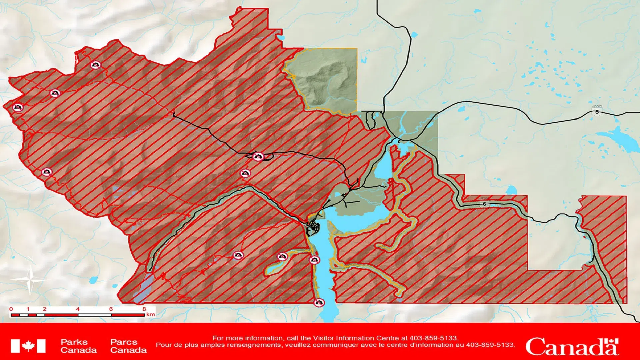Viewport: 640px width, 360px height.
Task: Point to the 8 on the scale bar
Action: pyautogui.click(x=144, y=309)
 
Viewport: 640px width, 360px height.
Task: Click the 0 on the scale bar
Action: pyautogui.click(x=11, y=309)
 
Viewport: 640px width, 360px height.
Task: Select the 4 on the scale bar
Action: pyautogui.click(x=78, y=309)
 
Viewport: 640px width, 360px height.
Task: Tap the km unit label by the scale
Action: pyautogui.click(x=151, y=314)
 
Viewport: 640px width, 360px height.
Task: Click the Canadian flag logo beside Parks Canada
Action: pyautogui.click(x=28, y=346)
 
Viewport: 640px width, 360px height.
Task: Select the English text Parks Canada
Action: pyautogui.click(x=78, y=346)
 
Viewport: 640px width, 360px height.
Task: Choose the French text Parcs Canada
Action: pyautogui.click(x=128, y=346)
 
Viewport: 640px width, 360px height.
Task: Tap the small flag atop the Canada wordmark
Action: pyautogui.click(x=613, y=342)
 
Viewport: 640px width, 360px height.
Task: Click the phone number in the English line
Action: pyautogui.click(x=434, y=338)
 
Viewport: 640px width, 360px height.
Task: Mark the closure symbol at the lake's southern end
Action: pyautogui.click(x=319, y=303)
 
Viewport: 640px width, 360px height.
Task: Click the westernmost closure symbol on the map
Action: pyautogui.click(x=18, y=107)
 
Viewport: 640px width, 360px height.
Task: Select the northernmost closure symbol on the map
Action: pyautogui.click(x=96, y=65)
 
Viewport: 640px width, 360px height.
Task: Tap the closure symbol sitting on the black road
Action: pyautogui.click(x=258, y=156)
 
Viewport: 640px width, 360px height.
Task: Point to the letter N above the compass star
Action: pyautogui.click(x=30, y=259)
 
